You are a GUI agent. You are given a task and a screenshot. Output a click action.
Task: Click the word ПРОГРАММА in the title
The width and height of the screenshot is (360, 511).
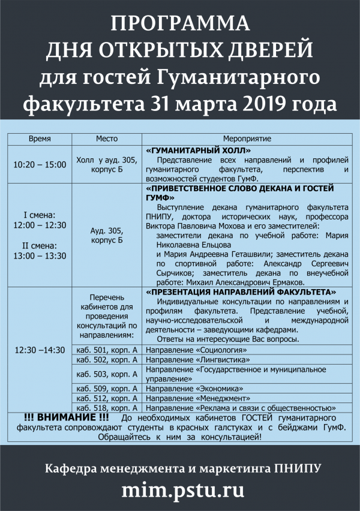click(x=180, y=23)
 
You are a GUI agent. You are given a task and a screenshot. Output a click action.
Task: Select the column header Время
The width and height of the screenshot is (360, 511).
click(x=40, y=139)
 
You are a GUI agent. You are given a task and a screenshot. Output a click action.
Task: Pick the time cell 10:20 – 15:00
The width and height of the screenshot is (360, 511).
click(x=40, y=164)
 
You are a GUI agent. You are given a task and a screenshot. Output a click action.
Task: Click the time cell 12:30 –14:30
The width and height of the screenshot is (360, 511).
click(x=40, y=350)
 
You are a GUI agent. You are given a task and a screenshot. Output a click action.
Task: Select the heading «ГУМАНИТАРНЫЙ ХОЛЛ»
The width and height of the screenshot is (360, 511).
click(x=199, y=150)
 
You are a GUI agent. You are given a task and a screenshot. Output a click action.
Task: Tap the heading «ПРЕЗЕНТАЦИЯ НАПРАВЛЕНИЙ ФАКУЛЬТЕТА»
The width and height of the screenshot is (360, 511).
click(x=241, y=292)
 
